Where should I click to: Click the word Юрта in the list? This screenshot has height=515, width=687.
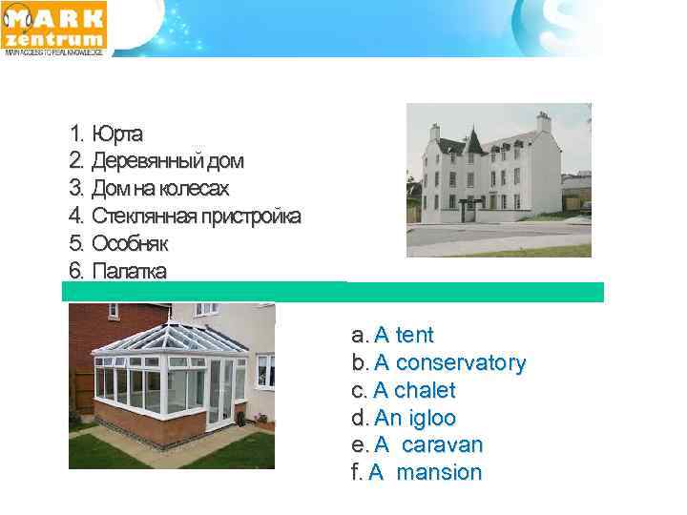[118, 133]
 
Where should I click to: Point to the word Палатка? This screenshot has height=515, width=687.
[129, 271]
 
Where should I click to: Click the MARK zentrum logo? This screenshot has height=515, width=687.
[55, 27]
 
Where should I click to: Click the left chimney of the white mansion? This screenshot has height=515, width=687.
[434, 131]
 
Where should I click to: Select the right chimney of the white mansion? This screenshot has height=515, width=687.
[544, 122]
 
